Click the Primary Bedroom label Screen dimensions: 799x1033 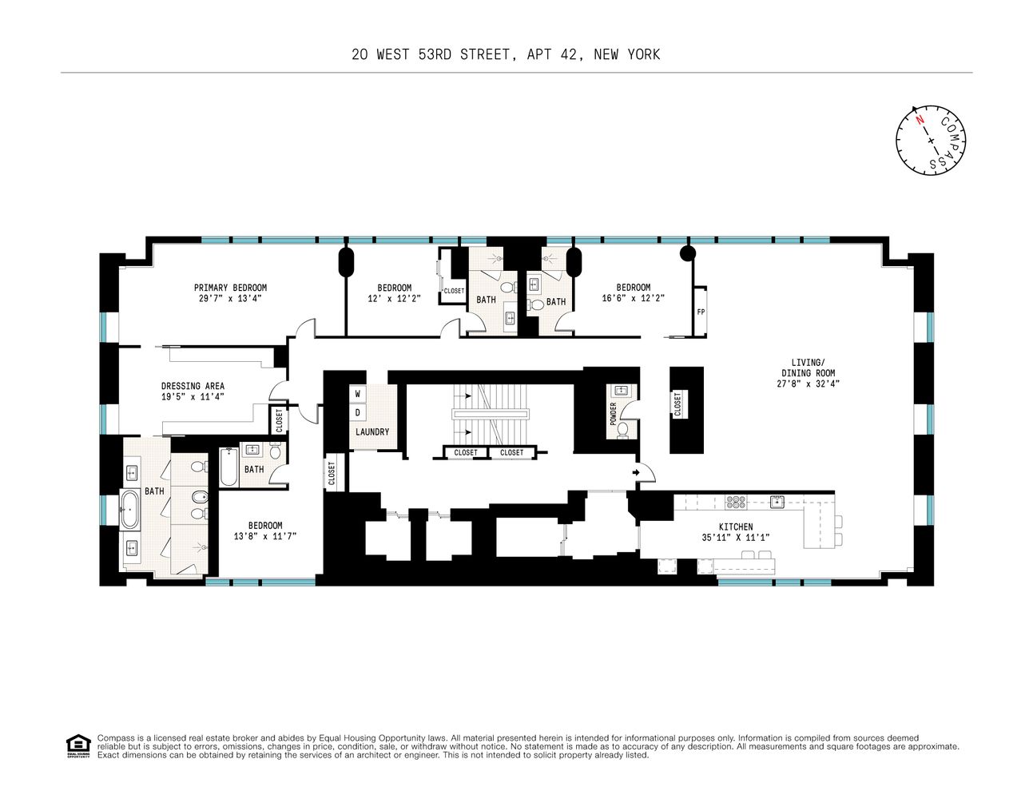[230, 288]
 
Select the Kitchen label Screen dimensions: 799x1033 [735, 527]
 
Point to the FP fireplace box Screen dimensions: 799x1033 [701, 312]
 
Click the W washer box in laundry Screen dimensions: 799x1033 [358, 394]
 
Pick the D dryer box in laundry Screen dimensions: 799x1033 [358, 413]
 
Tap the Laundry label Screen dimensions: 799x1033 [372, 432]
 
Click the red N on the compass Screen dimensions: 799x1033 [920, 121]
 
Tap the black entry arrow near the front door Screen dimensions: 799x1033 [636, 473]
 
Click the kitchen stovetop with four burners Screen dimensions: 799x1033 [735, 502]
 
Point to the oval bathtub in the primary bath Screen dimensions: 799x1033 [129, 510]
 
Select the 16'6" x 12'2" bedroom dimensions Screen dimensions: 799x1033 [633, 298]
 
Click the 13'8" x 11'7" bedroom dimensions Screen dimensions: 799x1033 [264, 536]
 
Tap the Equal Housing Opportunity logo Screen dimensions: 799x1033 [77, 745]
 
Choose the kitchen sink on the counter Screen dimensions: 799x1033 [776, 502]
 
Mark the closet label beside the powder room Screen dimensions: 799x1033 [677, 403]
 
